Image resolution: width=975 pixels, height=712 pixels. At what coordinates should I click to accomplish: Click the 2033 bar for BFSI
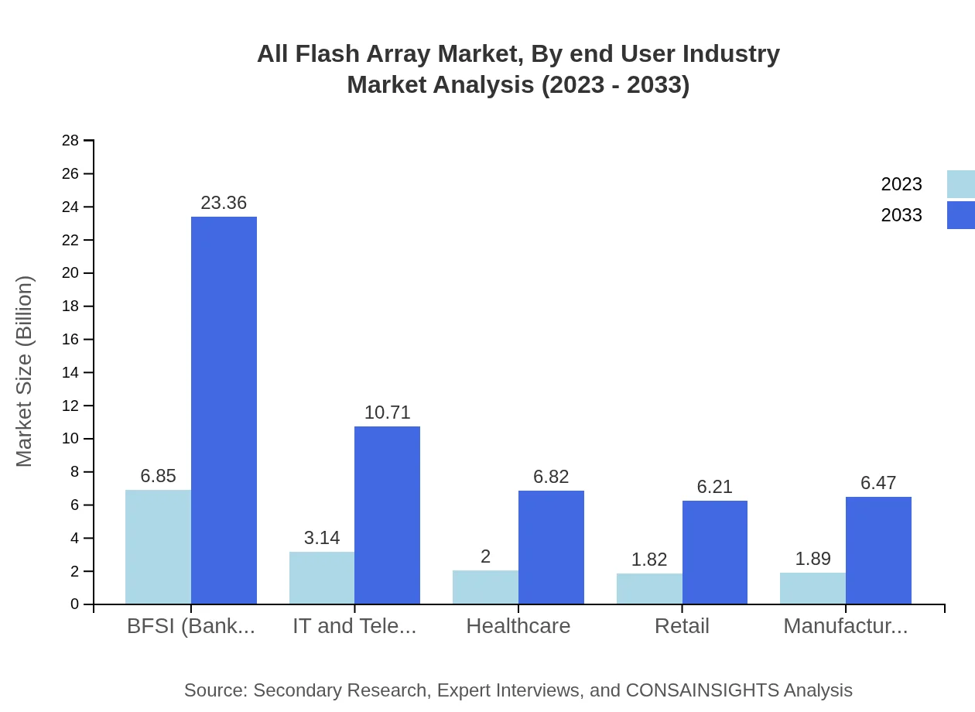point(224,410)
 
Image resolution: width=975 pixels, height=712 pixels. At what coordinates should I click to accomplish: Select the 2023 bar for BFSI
point(158,546)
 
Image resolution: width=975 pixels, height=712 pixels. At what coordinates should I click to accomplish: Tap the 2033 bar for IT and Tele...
point(387,515)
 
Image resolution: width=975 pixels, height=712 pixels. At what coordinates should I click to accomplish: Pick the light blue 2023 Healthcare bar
point(485,587)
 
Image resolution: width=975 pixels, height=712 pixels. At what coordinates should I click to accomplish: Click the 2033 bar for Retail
point(714,552)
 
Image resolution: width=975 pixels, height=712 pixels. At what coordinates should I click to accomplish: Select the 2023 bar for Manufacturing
point(812,588)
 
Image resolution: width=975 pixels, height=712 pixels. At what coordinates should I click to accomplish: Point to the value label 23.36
point(224,203)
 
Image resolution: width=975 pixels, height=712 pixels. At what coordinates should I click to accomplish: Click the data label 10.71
point(387,412)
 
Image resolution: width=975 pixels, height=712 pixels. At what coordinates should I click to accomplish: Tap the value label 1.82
point(648,560)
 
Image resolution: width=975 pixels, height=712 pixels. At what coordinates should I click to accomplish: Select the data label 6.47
point(878,483)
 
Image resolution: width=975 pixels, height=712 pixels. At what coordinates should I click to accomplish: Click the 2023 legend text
point(901,184)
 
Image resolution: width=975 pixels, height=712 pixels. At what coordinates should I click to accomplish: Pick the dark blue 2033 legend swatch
point(960,215)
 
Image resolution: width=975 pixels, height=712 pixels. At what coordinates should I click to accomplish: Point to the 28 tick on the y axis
point(70,141)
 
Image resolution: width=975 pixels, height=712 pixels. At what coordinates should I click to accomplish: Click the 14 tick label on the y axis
point(70,373)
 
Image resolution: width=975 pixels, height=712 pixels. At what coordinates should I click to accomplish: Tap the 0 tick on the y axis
point(74,604)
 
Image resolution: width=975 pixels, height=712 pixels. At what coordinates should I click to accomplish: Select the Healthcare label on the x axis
point(518,626)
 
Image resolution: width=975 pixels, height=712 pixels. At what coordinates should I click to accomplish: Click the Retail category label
point(682,626)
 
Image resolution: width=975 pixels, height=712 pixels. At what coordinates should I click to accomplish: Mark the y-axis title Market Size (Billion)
point(25,371)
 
